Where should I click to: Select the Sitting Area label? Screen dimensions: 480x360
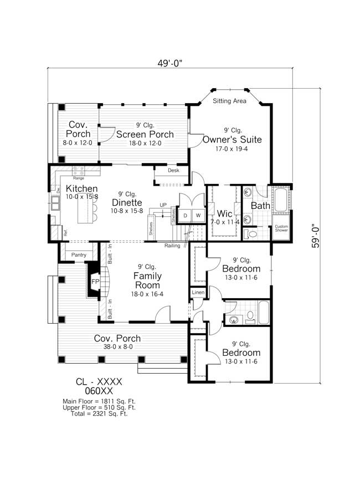tap(229, 101)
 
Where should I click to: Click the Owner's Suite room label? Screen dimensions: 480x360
tap(232, 139)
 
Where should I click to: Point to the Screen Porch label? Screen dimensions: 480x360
tap(145, 134)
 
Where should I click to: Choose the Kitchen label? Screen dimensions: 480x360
tap(81, 188)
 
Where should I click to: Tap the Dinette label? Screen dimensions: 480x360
tap(128, 202)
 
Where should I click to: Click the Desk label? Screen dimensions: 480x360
tap(173, 171)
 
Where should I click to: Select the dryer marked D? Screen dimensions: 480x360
tap(186, 215)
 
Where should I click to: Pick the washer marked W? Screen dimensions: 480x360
tap(198, 215)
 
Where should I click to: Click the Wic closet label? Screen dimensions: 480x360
tap(224, 214)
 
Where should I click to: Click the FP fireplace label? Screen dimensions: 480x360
tap(95, 282)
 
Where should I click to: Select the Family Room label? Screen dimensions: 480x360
tap(147, 280)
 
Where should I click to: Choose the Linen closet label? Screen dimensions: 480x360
tap(198, 292)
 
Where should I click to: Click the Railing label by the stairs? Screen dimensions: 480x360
tap(172, 245)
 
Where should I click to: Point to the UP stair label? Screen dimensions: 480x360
tap(163, 205)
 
